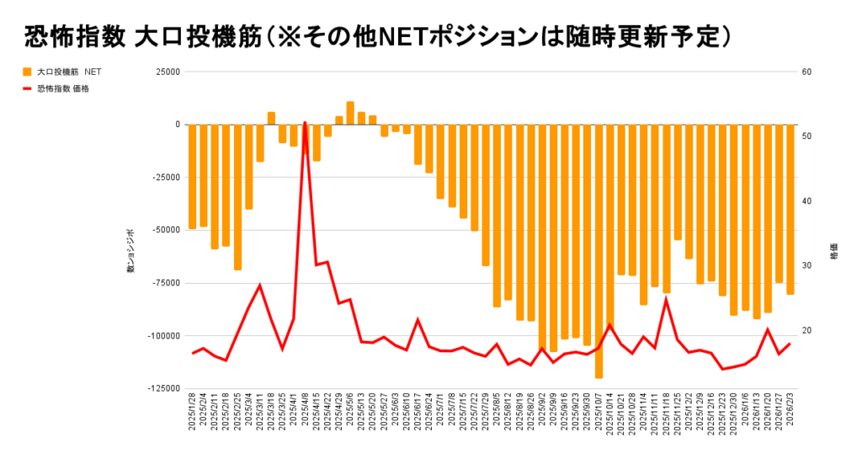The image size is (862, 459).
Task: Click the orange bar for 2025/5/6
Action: pyautogui.click(x=350, y=113)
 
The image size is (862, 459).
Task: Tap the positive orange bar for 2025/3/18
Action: pyautogui.click(x=271, y=118)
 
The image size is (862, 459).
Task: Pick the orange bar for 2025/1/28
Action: pyautogui.click(x=192, y=176)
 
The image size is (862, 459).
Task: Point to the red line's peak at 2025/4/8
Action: pyautogui.click(x=305, y=123)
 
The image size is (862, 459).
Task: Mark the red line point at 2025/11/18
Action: pyautogui.click(x=666, y=299)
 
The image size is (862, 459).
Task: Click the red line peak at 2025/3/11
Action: pyautogui.click(x=259, y=286)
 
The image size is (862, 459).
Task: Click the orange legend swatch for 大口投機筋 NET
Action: pyautogui.click(x=27, y=72)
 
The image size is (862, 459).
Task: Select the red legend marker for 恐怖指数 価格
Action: pyautogui.click(x=27, y=88)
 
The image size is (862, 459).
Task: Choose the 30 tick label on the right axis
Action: pyautogui.click(x=806, y=265)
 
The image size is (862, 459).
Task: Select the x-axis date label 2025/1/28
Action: pyautogui.click(x=193, y=418)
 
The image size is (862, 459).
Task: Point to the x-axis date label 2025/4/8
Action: pyautogui.click(x=306, y=418)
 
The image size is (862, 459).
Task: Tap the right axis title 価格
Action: pyautogui.click(x=834, y=254)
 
